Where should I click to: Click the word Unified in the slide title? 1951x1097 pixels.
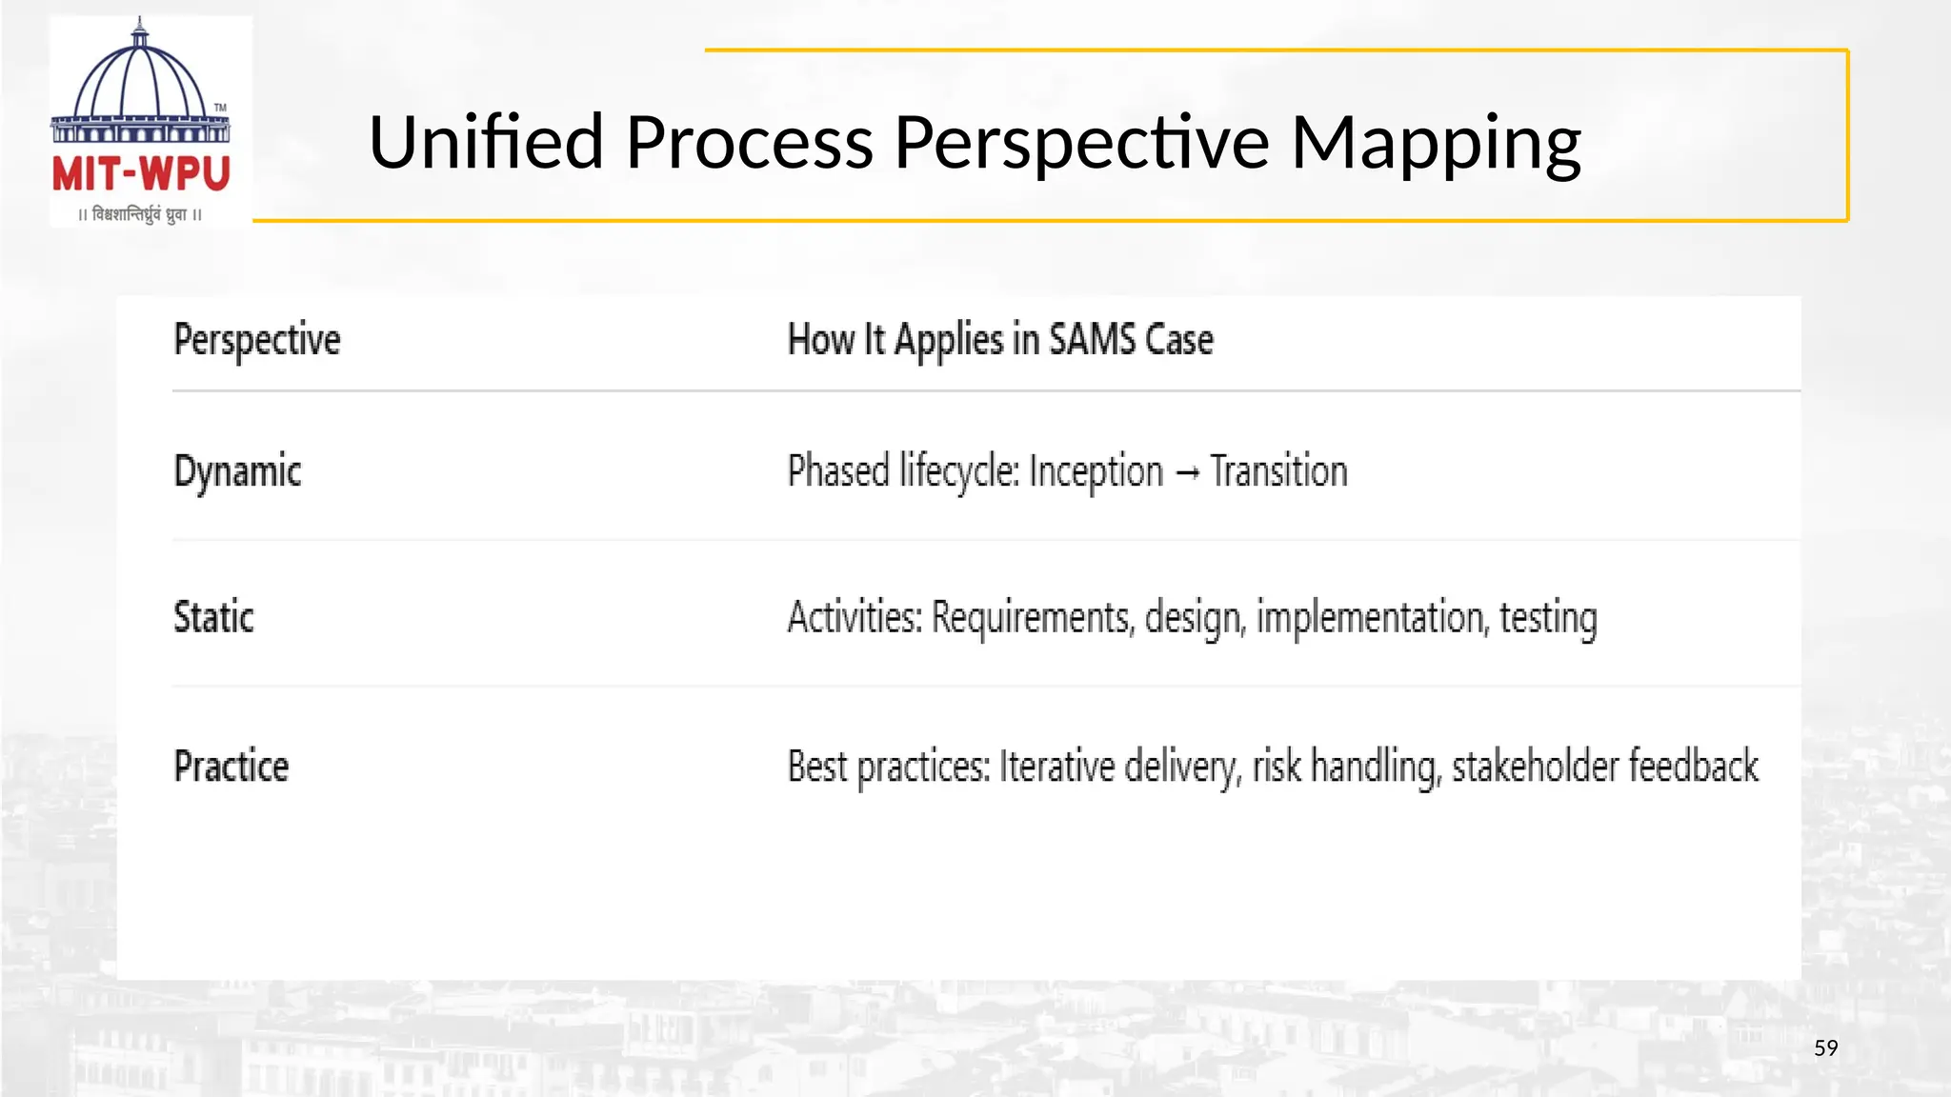486,142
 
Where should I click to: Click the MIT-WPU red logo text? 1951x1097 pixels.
141,174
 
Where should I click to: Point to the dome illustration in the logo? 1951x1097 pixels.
140,81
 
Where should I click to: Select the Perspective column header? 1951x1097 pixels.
256,340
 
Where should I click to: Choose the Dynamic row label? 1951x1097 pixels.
237,471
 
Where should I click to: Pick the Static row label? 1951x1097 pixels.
213,617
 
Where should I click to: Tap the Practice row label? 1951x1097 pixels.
231,766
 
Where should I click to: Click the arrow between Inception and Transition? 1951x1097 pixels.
1187,472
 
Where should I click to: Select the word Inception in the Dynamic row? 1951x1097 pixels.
1096,472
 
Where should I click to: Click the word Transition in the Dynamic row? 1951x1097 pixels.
1278,471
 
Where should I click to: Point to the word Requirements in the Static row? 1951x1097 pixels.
1033,618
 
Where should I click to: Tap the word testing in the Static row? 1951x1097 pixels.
1548,618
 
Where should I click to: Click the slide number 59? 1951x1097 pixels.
1825,1048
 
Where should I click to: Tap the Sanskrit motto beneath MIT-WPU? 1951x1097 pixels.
140,215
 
